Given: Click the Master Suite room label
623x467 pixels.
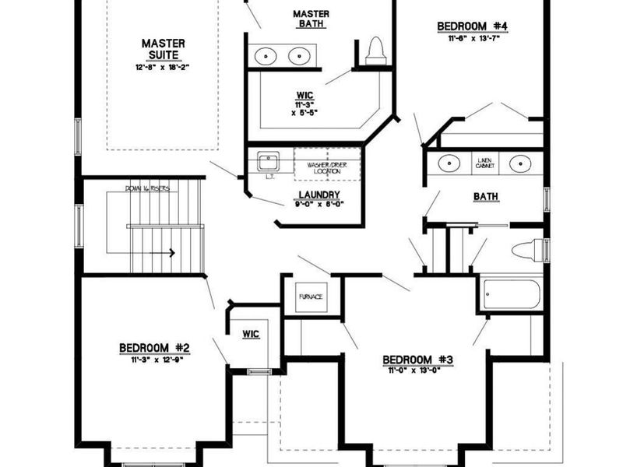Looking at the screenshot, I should pos(163,48).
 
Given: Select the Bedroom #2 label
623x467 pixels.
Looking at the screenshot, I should pos(154,348).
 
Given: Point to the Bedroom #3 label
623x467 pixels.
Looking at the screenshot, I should pos(417,360).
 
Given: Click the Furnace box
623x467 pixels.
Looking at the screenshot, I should pos(310,297).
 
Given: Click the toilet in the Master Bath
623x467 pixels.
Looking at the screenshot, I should pos(377,51).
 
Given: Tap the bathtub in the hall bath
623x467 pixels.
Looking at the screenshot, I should pos(510,294).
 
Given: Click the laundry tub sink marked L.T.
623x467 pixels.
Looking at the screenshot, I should pos(269,163).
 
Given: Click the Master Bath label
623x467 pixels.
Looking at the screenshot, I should pos(310,19).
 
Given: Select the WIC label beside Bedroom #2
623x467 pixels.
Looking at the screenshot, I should pos(251,334).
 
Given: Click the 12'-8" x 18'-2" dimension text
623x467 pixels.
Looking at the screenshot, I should pos(162,68).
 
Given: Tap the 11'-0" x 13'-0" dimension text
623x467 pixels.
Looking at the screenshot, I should pos(417,371).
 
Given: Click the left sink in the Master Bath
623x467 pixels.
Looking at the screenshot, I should pos(266,56).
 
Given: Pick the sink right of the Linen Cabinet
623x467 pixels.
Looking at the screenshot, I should pos(519,163).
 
